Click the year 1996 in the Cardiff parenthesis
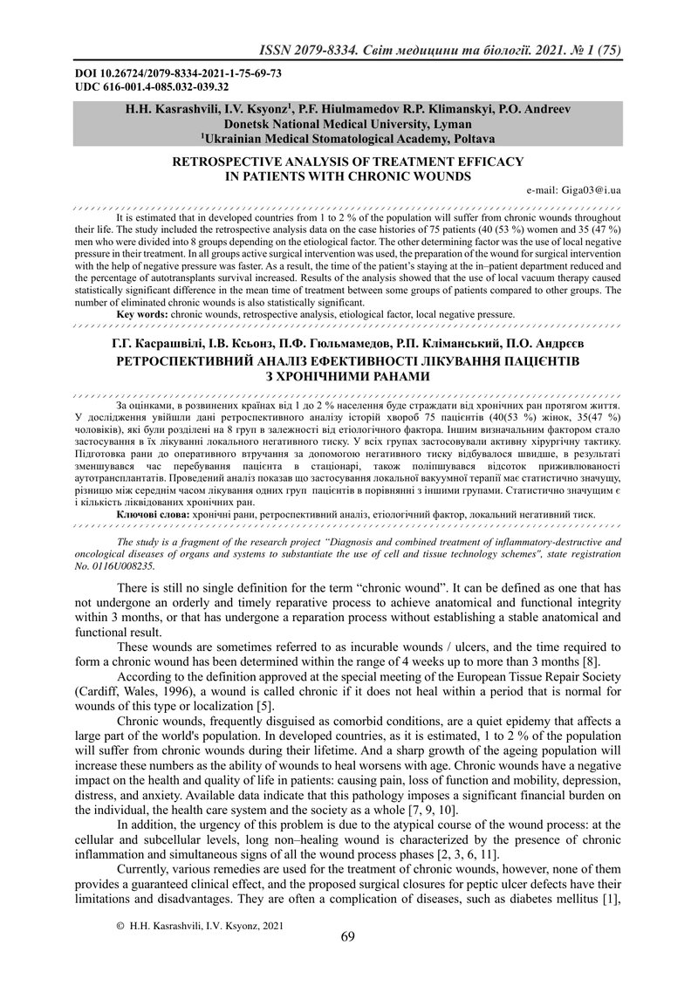[192, 691]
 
